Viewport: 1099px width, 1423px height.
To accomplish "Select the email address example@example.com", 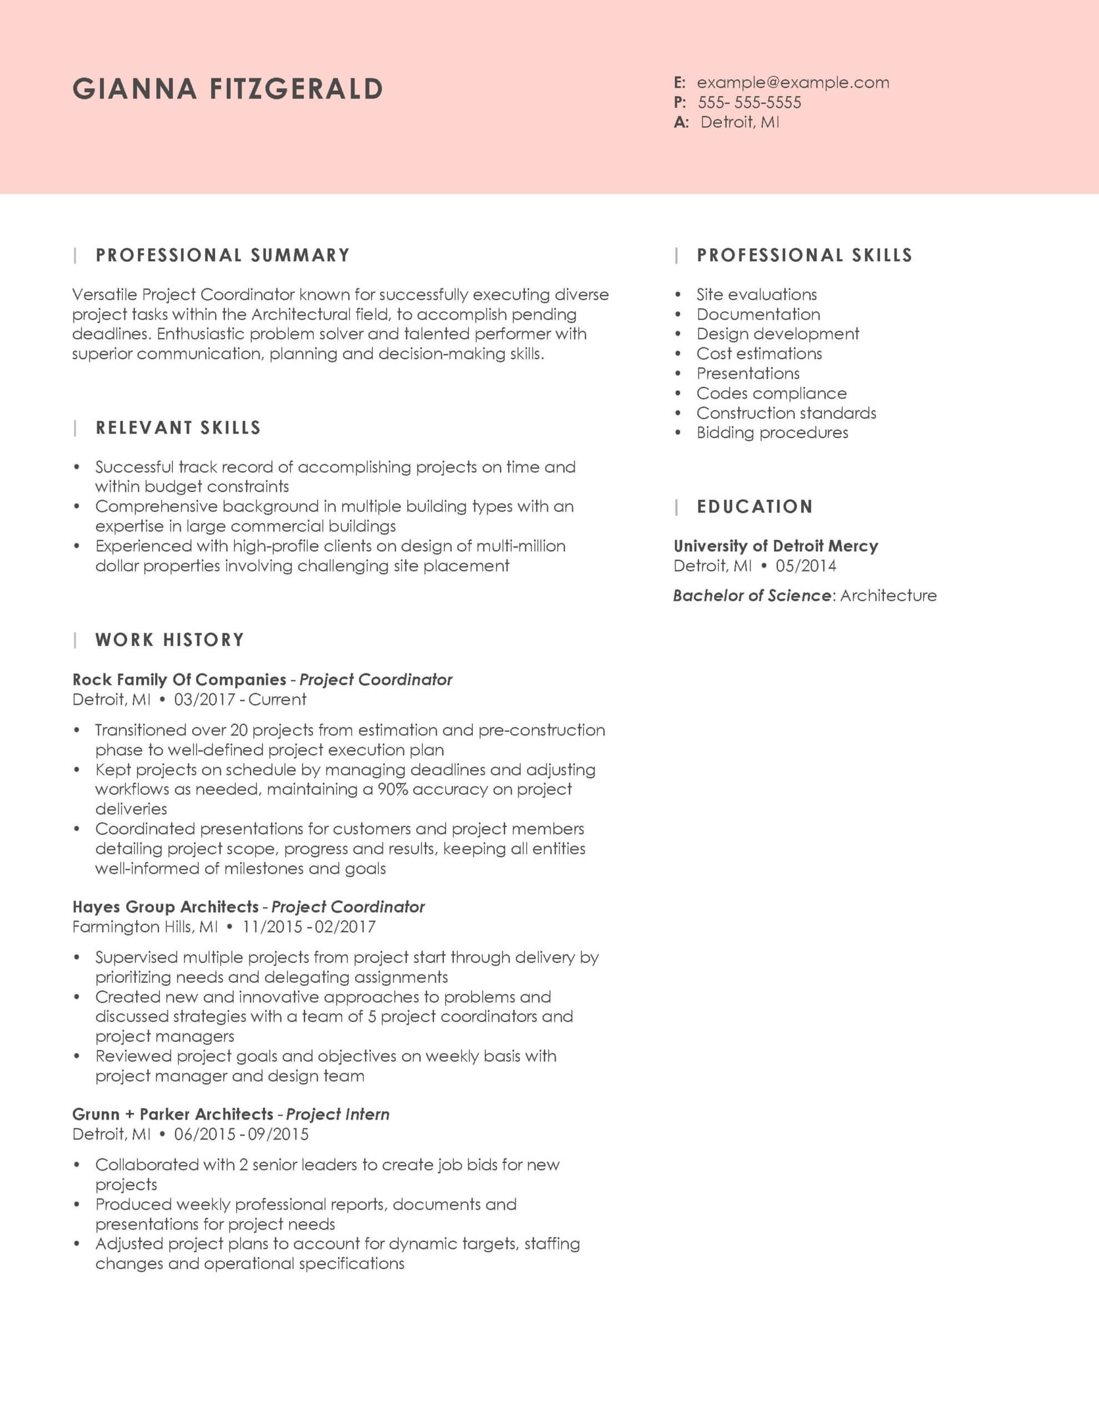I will point(792,83).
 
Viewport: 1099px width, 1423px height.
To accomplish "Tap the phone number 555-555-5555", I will point(749,102).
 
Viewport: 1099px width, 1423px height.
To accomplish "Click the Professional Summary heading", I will point(223,255).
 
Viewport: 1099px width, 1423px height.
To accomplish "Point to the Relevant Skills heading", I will point(178,428).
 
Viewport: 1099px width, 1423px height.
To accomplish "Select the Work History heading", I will point(169,640).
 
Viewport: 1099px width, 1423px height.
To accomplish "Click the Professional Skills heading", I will point(804,255).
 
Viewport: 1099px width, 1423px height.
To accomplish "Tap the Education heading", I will point(755,507).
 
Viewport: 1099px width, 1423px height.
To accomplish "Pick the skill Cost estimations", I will point(759,354).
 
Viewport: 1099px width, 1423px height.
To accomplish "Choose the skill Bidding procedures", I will point(772,432).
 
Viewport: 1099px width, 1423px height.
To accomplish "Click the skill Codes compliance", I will point(771,394).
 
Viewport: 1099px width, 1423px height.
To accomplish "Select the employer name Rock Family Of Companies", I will point(179,680).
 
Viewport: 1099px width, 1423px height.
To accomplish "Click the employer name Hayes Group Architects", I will point(166,907).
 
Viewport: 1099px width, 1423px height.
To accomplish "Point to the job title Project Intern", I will point(337,1114).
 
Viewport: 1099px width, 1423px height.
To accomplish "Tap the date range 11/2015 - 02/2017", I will point(309,927).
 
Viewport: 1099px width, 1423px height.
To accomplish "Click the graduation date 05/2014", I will point(806,565).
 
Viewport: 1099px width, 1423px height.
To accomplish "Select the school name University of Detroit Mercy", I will point(775,546).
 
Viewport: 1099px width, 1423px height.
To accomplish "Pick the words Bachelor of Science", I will point(752,595).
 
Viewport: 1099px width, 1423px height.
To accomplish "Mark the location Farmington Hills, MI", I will point(145,927).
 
